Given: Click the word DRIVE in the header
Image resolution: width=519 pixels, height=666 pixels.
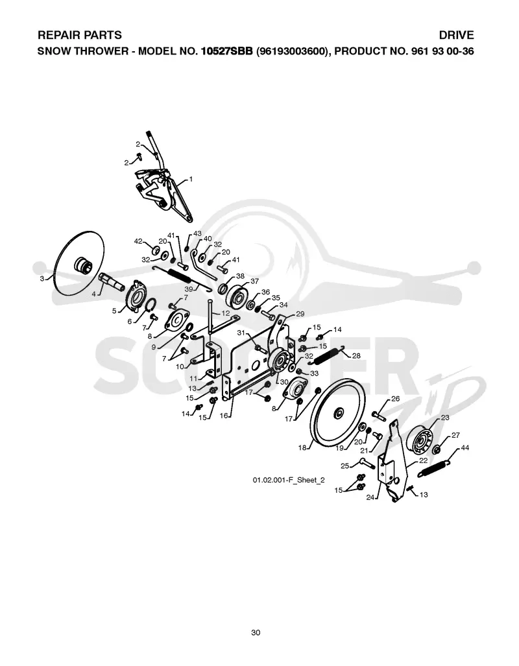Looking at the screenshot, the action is coord(456,35).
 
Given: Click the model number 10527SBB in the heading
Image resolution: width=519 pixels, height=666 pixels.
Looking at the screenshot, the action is coord(227,51).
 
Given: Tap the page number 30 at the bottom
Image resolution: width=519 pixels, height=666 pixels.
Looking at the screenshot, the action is coord(256,632).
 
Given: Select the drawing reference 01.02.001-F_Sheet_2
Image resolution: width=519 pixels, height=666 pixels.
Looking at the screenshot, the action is coord(289,480).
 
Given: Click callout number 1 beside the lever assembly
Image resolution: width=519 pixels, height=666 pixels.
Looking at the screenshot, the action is coord(191,179).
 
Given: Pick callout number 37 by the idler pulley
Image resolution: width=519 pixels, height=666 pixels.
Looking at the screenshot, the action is coord(254,281).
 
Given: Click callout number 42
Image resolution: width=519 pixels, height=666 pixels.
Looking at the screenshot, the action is coord(138,241).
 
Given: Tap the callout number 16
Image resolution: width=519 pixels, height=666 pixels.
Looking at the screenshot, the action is coord(224,416).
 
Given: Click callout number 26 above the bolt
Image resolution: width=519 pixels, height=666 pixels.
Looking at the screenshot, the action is coord(395,399).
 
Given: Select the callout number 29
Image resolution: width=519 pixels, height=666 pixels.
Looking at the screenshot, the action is coord(300,314).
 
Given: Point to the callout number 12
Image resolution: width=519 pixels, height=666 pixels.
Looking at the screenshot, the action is coord(225,313).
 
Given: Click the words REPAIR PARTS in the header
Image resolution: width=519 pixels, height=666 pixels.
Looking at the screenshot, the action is coord(80,35).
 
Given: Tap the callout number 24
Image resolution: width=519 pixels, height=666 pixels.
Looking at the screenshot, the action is coord(370,497).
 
